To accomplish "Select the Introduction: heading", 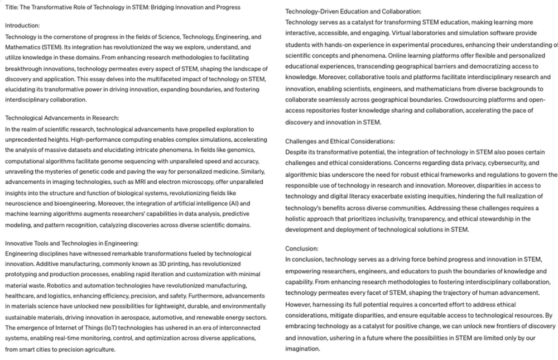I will click(22, 25).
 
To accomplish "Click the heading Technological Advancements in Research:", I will click(62, 118).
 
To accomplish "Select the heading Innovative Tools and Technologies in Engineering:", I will click(71, 243).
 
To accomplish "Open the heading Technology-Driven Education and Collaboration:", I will click(353, 11).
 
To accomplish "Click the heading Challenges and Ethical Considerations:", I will click(340, 141).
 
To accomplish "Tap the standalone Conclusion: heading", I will click(302, 248).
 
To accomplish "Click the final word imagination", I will click(302, 349).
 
